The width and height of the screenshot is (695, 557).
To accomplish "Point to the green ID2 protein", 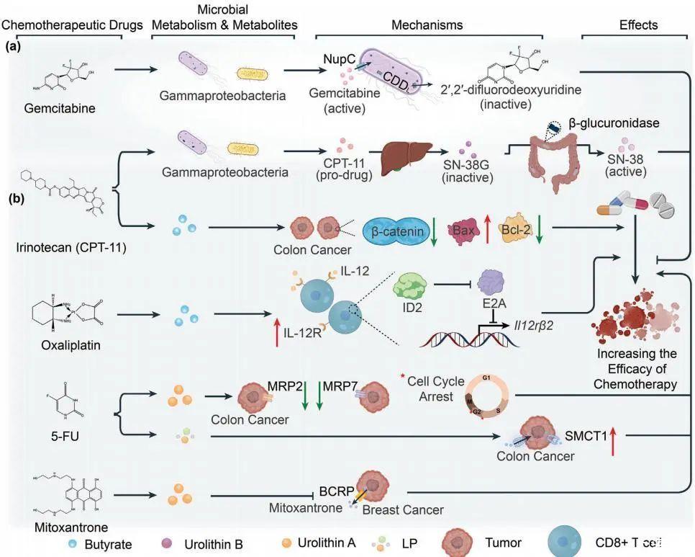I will pos(410,290).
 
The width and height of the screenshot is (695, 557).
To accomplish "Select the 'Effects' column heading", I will pos(638,25).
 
